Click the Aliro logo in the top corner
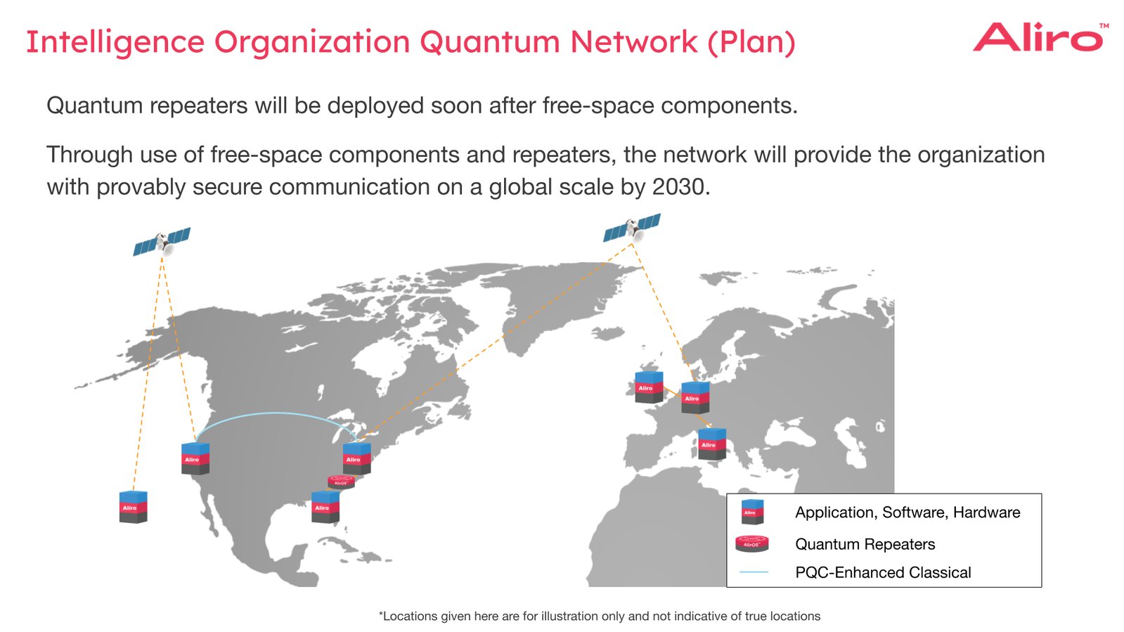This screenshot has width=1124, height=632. click(1039, 37)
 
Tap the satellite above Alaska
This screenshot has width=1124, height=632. click(162, 242)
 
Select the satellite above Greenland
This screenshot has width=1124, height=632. click(632, 228)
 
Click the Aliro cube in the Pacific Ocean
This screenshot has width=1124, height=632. click(133, 507)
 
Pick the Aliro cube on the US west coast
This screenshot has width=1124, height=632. click(195, 458)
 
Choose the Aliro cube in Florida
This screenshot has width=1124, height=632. click(325, 507)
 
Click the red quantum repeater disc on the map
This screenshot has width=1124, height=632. click(341, 482)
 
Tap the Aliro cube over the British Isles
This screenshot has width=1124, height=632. click(648, 387)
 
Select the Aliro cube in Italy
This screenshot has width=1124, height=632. click(711, 444)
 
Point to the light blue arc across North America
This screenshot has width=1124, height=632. click(274, 414)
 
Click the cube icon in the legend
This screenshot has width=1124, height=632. click(751, 512)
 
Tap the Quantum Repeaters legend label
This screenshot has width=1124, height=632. click(865, 544)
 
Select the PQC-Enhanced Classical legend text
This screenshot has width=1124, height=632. click(883, 572)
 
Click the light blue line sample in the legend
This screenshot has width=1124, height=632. click(754, 572)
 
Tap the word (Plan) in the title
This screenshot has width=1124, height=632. click(751, 42)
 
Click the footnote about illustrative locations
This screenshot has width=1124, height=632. click(600, 617)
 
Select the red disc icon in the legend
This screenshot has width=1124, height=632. click(751, 543)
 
